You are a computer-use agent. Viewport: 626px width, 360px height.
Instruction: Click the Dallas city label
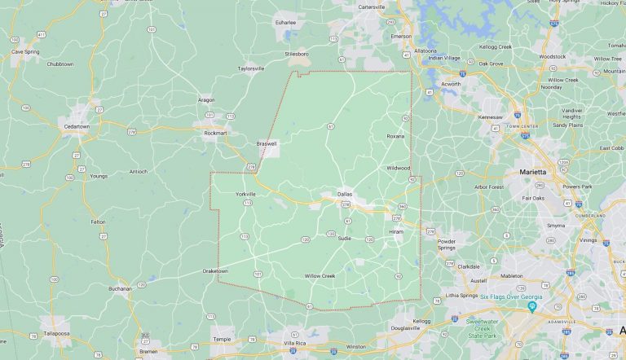click(x=345, y=194)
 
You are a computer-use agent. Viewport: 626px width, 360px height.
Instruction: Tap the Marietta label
click(x=534, y=172)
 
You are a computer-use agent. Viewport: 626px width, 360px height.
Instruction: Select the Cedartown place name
click(x=79, y=126)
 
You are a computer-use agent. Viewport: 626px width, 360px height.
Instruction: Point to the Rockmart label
click(x=214, y=134)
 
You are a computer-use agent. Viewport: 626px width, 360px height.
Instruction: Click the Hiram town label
click(x=396, y=231)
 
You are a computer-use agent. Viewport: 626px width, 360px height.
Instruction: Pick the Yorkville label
click(x=245, y=194)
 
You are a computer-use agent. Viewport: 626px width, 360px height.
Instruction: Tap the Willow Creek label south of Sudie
click(x=320, y=276)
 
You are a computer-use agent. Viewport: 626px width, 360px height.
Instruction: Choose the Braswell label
click(x=267, y=143)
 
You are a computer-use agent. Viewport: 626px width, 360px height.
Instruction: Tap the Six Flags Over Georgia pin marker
click(x=531, y=307)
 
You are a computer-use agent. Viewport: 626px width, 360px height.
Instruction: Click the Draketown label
click(x=215, y=270)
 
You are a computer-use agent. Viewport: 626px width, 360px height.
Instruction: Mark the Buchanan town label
click(x=121, y=288)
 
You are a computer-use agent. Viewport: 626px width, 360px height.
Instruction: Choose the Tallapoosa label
click(x=56, y=333)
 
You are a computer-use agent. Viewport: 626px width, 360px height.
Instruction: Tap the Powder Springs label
click(x=447, y=244)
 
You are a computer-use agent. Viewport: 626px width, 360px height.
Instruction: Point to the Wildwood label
click(x=398, y=168)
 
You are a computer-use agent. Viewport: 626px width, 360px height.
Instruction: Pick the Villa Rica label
click(x=295, y=345)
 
